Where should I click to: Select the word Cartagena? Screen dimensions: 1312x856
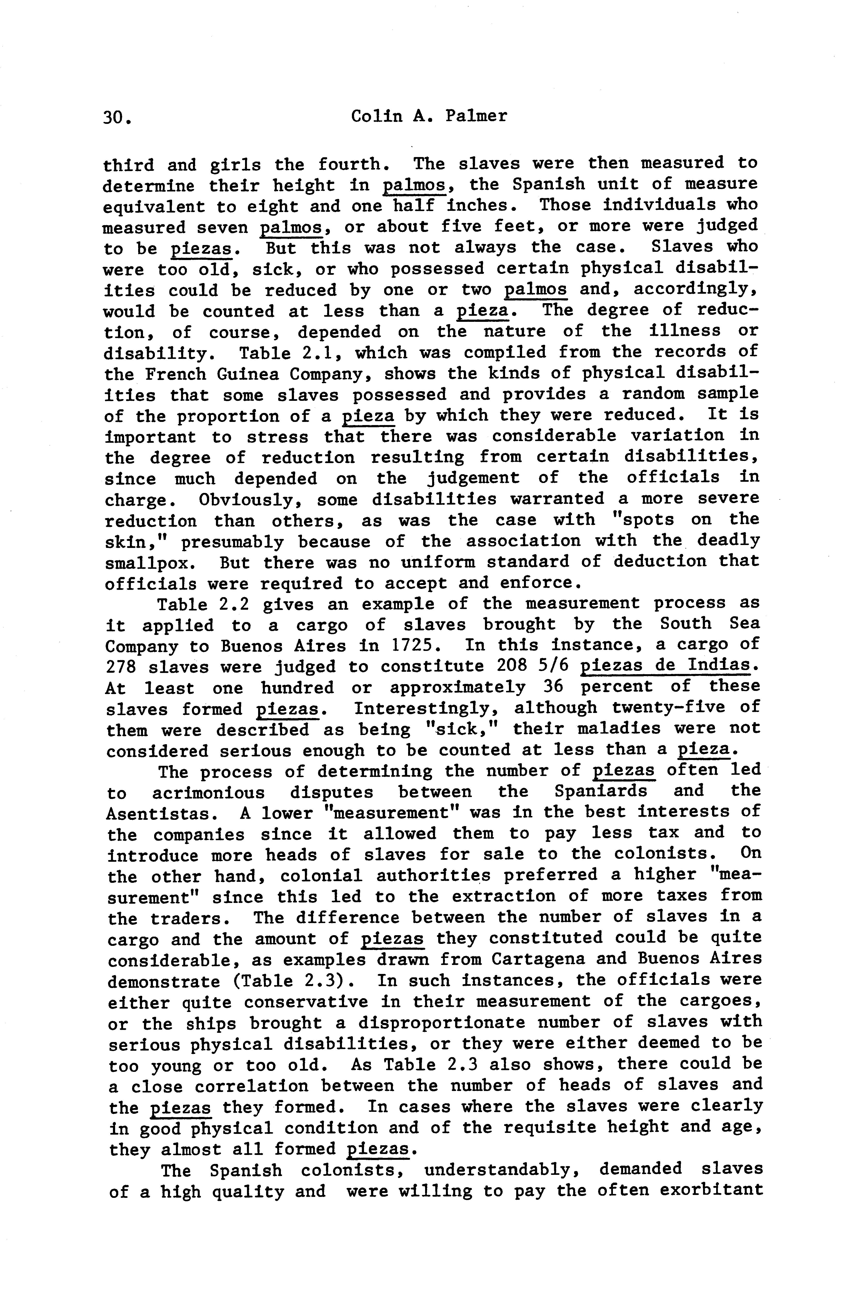coord(537,959)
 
